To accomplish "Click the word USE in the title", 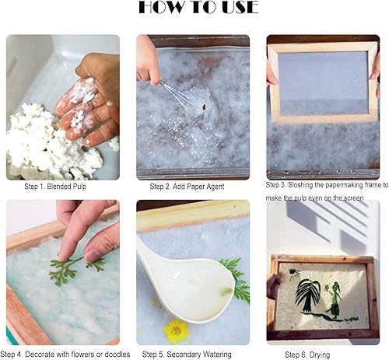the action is point(240,7).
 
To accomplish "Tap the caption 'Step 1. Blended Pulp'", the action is point(55,187).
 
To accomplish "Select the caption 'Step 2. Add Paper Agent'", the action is point(187,187).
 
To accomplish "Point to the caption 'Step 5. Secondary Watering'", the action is point(187,355).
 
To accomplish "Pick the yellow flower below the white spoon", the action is point(176,329).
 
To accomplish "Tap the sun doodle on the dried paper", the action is point(294,274).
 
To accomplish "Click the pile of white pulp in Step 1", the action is point(49,142).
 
